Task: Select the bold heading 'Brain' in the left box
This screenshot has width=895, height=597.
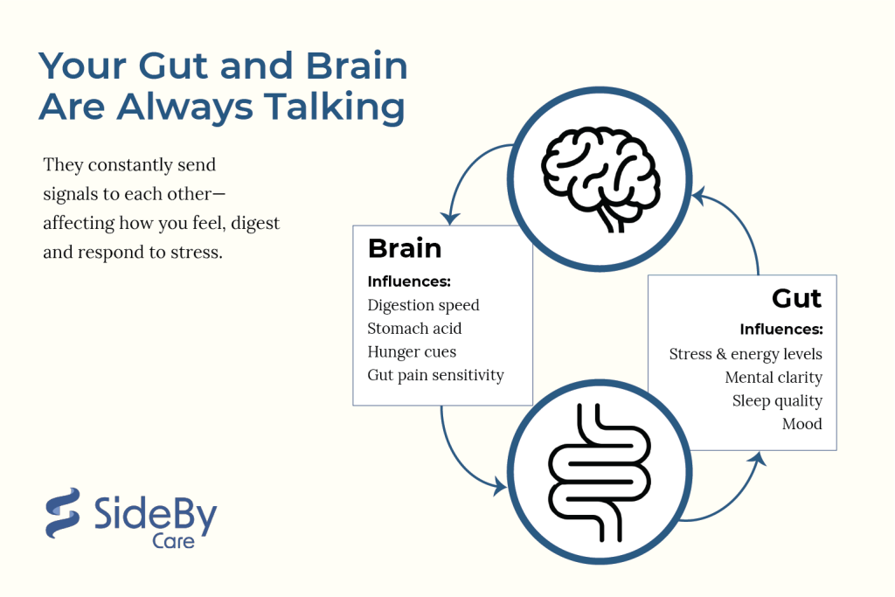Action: (405, 248)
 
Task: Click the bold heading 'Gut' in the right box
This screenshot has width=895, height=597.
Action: (796, 298)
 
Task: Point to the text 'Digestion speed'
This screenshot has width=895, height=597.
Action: (423, 305)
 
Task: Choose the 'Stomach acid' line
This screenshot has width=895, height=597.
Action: (414, 329)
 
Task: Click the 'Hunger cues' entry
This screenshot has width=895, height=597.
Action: (412, 352)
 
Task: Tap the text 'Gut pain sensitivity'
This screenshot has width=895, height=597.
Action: (435, 376)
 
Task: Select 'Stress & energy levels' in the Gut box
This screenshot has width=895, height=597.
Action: (746, 354)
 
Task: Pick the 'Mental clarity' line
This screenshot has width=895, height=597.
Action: (774, 378)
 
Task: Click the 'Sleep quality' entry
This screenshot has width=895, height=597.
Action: (777, 401)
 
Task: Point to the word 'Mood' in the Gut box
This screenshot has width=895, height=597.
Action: (802, 425)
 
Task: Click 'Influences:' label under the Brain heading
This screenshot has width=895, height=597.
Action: (409, 281)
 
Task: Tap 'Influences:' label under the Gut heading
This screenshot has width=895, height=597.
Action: (781, 330)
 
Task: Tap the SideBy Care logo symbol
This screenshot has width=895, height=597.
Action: (62, 513)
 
